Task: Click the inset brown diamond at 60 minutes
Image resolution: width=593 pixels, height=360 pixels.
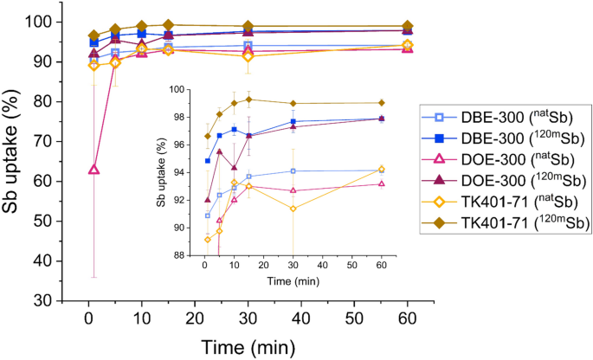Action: (382, 103)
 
